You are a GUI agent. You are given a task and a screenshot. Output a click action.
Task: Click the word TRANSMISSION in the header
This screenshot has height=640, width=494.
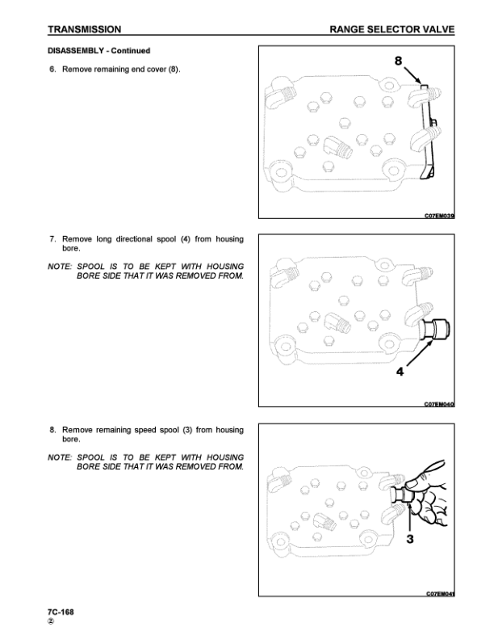(85, 29)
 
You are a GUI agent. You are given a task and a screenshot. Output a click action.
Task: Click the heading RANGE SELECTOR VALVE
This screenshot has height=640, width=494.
(391, 29)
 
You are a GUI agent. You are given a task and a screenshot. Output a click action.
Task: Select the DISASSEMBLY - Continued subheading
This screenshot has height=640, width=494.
(99, 51)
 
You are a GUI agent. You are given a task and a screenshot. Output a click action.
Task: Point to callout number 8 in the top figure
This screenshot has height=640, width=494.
(398, 61)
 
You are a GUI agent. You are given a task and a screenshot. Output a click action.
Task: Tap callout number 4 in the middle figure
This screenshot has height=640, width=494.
(400, 372)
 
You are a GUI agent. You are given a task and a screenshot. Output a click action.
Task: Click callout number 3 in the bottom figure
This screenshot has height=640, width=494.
(410, 539)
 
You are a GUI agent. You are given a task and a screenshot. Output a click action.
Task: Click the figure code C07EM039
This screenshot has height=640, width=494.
(439, 216)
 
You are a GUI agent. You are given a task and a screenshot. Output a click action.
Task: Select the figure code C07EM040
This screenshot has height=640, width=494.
(439, 404)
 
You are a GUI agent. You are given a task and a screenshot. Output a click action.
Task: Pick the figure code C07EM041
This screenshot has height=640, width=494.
(440, 593)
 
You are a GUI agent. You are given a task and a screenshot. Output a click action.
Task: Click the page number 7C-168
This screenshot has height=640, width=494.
(61, 612)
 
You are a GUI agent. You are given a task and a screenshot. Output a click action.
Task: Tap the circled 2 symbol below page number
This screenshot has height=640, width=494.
(51, 621)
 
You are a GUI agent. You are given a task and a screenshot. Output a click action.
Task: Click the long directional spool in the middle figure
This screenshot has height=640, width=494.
(434, 330)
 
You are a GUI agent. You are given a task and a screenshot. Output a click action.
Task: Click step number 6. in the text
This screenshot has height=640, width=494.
(52, 69)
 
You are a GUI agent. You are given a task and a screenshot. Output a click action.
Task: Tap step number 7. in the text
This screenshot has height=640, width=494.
(52, 239)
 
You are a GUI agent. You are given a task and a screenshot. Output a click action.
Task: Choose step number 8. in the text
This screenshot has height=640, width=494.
(52, 430)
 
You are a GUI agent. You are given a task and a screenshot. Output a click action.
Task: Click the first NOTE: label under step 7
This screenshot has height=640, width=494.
(60, 267)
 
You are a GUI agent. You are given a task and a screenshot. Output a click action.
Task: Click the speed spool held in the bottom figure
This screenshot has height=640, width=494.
(402, 495)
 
